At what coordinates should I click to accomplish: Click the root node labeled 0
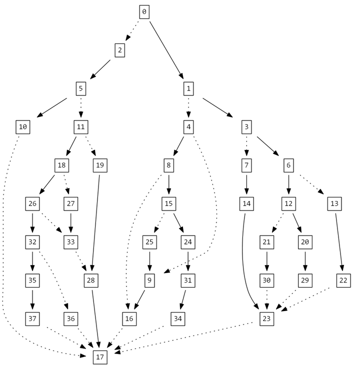pyautogui.click(x=144, y=11)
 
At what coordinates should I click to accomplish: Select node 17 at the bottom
pyautogui.click(x=100, y=357)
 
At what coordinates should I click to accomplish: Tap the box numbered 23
pyautogui.click(x=267, y=318)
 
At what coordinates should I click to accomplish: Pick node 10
pyautogui.click(x=22, y=127)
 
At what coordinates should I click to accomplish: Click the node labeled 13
pyautogui.click(x=334, y=203)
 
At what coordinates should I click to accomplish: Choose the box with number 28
pyautogui.click(x=90, y=280)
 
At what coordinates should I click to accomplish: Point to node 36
pyautogui.click(x=71, y=318)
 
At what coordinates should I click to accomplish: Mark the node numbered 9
pyautogui.click(x=149, y=280)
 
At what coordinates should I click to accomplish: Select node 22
pyautogui.click(x=343, y=280)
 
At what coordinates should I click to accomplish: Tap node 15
pyautogui.click(x=168, y=203)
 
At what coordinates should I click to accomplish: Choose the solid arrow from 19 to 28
pyautogui.click(x=95, y=222)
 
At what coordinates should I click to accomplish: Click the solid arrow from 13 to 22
pyautogui.click(x=338, y=242)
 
